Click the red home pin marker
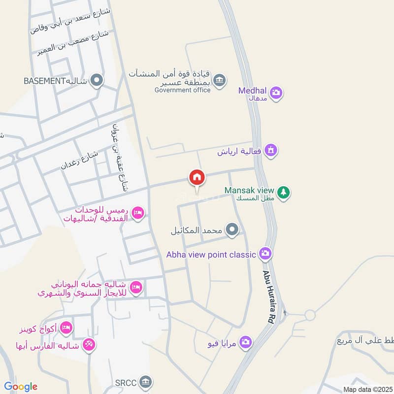click(x=197, y=177)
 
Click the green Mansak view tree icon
click(x=283, y=192)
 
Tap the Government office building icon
click(x=220, y=79)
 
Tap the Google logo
click(x=21, y=387)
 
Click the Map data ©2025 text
click(x=367, y=390)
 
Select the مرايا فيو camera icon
click(x=246, y=342)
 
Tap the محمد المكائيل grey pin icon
click(x=232, y=229)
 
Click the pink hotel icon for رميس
click(x=138, y=212)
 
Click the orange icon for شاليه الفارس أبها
click(x=89, y=344)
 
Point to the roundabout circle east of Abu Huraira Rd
click(x=310, y=315)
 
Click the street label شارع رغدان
click(x=79, y=160)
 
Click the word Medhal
click(x=252, y=91)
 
